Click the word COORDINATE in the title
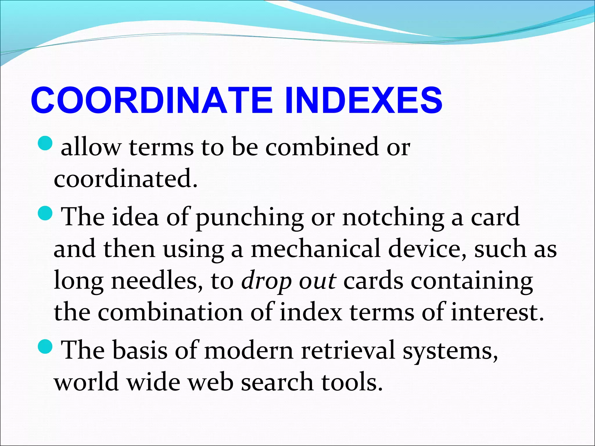151,100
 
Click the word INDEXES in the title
363,100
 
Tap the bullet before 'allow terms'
45,143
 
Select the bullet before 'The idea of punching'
45,213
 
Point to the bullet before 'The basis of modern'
45,347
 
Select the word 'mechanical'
316,249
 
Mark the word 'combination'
170,313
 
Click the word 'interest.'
497,313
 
